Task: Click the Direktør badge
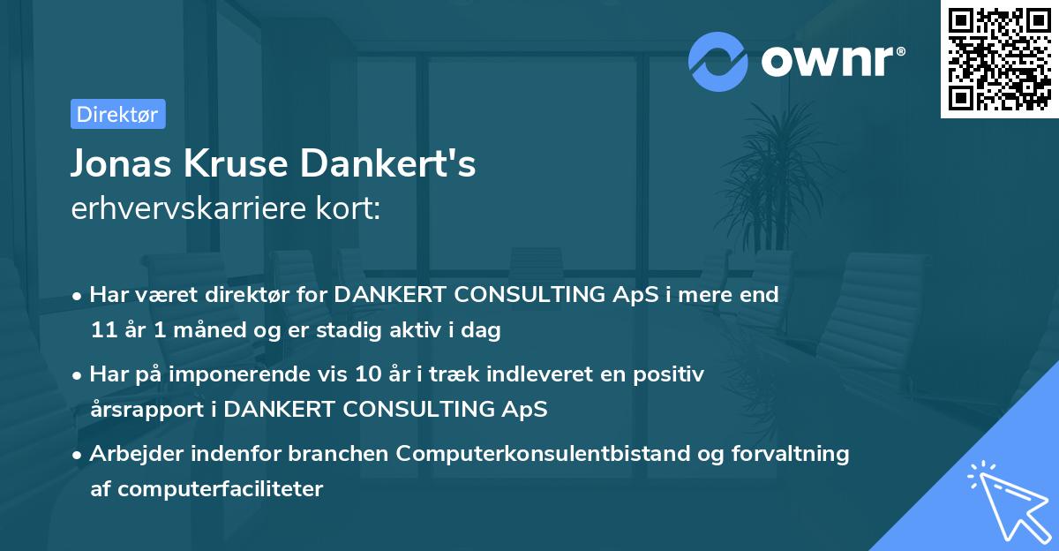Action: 117,114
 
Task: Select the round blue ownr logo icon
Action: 718,62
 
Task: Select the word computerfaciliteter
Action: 221,488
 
